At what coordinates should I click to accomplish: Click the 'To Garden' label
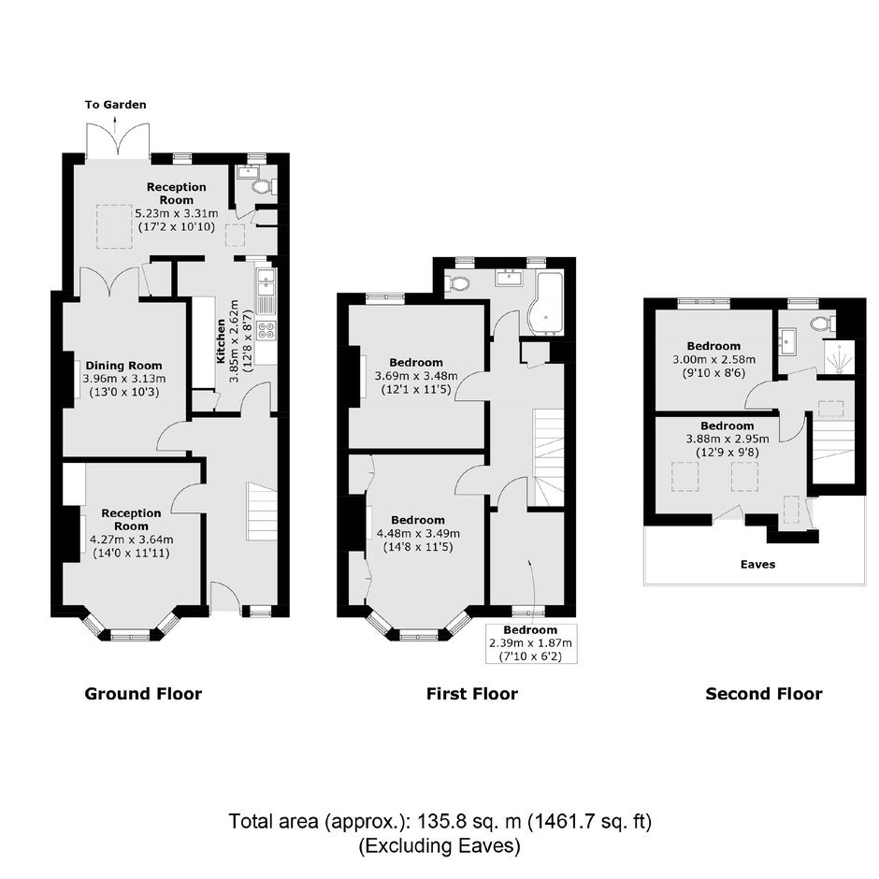pyautogui.click(x=115, y=105)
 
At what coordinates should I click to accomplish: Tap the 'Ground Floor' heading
pyautogui.click(x=143, y=694)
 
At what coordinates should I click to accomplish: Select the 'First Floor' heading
pyautogui.click(x=472, y=694)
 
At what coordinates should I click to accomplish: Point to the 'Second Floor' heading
pyautogui.click(x=764, y=694)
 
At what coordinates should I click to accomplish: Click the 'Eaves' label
pyautogui.click(x=758, y=565)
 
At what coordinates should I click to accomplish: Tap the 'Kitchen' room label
pyautogui.click(x=221, y=340)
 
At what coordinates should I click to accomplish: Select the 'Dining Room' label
pyautogui.click(x=123, y=366)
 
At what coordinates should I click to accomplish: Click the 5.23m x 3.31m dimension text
pyautogui.click(x=177, y=213)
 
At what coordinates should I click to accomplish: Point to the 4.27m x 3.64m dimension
pyautogui.click(x=132, y=540)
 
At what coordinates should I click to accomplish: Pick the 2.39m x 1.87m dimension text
pyautogui.click(x=531, y=643)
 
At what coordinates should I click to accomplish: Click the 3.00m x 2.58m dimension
pyautogui.click(x=714, y=359)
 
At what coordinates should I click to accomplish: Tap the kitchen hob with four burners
pyautogui.click(x=267, y=330)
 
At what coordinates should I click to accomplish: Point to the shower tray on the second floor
pyautogui.click(x=839, y=357)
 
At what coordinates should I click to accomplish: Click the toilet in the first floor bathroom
pyautogui.click(x=458, y=283)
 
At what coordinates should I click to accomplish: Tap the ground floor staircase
pyautogui.click(x=262, y=512)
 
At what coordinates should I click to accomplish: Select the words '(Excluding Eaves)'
pyautogui.click(x=439, y=845)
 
